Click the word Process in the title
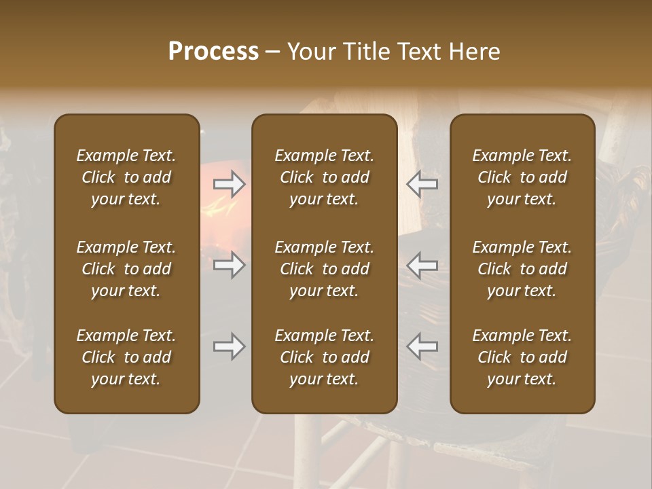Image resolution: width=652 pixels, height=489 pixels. [x=213, y=51]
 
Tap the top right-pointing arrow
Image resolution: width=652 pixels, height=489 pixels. [x=229, y=184]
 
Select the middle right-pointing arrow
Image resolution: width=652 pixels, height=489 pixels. [x=229, y=264]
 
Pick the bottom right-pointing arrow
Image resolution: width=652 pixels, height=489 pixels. [x=229, y=346]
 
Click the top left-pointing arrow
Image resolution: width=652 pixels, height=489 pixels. [x=422, y=184]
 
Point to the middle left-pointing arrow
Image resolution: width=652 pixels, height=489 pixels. [x=422, y=264]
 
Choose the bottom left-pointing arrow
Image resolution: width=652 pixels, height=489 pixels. [x=422, y=346]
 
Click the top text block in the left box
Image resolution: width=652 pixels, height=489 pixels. [x=126, y=177]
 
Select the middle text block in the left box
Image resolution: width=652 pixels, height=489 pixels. [x=126, y=269]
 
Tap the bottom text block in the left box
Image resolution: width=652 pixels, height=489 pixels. [x=126, y=357]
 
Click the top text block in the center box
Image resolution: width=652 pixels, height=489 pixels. [x=324, y=177]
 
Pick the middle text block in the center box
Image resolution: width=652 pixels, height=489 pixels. [x=324, y=269]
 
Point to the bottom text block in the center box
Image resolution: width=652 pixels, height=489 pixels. [x=324, y=357]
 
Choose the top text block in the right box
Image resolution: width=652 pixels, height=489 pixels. [x=522, y=177]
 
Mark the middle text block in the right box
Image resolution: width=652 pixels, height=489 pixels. [x=522, y=269]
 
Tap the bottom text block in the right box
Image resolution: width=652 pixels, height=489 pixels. [x=522, y=357]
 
